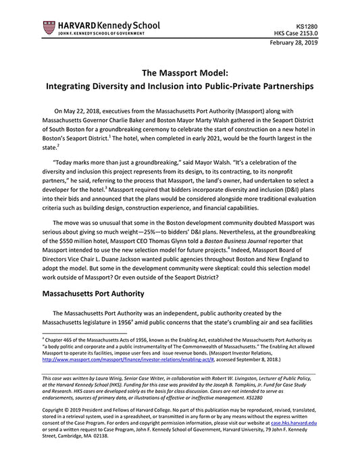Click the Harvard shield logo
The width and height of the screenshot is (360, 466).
(x=48, y=28)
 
